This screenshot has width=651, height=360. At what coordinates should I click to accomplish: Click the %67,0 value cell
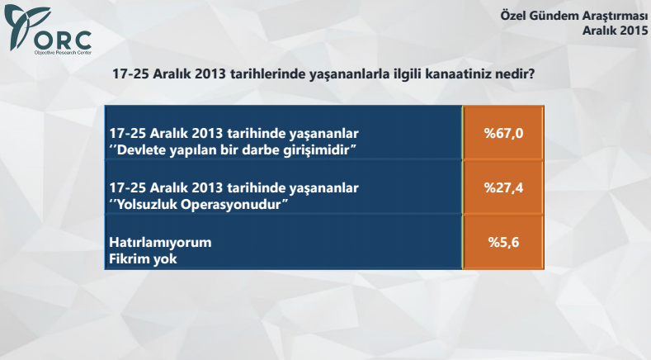(x=503, y=134)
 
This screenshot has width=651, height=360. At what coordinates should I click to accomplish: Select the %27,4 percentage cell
(x=503, y=187)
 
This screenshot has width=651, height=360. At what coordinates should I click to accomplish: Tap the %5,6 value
(x=503, y=242)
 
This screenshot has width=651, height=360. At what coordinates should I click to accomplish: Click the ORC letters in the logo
(x=64, y=38)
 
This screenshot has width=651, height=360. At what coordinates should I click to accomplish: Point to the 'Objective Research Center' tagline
(x=62, y=51)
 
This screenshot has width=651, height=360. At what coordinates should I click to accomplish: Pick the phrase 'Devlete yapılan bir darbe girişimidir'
(x=235, y=149)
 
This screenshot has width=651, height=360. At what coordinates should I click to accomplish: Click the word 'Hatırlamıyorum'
(x=161, y=243)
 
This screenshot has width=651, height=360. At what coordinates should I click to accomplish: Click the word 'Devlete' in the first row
(x=144, y=149)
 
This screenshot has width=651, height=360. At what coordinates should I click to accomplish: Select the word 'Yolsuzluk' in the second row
(x=148, y=203)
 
